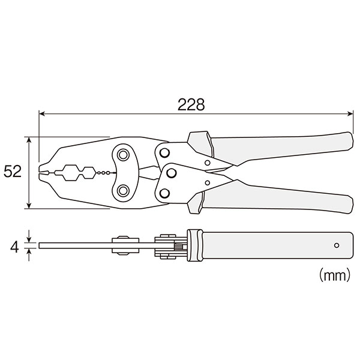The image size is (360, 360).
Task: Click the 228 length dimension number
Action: tap(191, 104)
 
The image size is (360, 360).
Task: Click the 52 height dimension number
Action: tap(13, 171)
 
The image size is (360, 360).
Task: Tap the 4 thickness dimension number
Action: tap(14, 247)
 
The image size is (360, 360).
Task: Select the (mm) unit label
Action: tap(335, 275)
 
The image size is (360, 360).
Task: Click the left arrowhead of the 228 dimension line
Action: tap(41, 113)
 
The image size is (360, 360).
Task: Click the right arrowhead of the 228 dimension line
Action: tap(350, 113)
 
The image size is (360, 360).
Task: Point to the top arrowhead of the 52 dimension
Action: tap(29, 140)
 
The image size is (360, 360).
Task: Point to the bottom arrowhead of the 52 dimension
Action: tap(29, 206)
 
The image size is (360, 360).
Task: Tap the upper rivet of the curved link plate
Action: tap(123, 155)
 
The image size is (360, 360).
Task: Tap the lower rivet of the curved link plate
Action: tap(123, 191)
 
